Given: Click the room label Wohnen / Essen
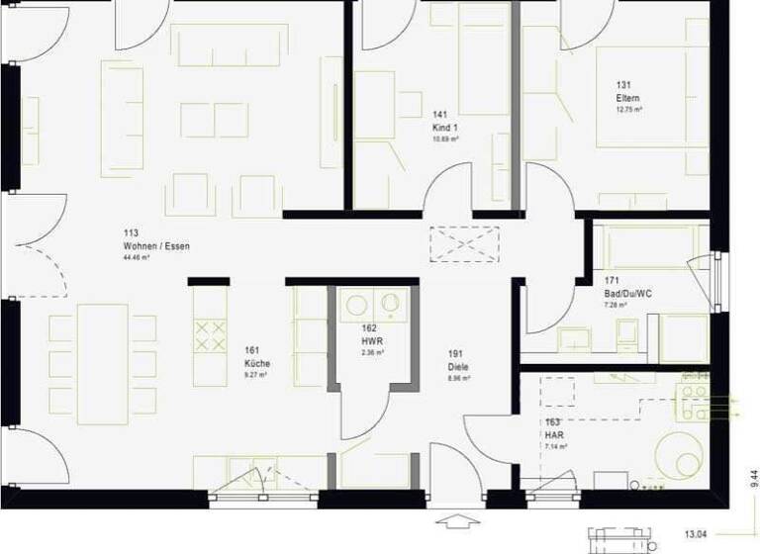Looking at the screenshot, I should click(155, 245).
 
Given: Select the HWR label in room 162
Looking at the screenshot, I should click(371, 340).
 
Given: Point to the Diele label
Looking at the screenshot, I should click(457, 367).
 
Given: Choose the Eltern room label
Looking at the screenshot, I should click(627, 99).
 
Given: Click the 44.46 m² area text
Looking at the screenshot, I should click(136, 257).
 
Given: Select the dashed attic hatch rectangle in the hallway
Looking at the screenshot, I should click(464, 243).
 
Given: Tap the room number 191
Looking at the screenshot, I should click(456, 354).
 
